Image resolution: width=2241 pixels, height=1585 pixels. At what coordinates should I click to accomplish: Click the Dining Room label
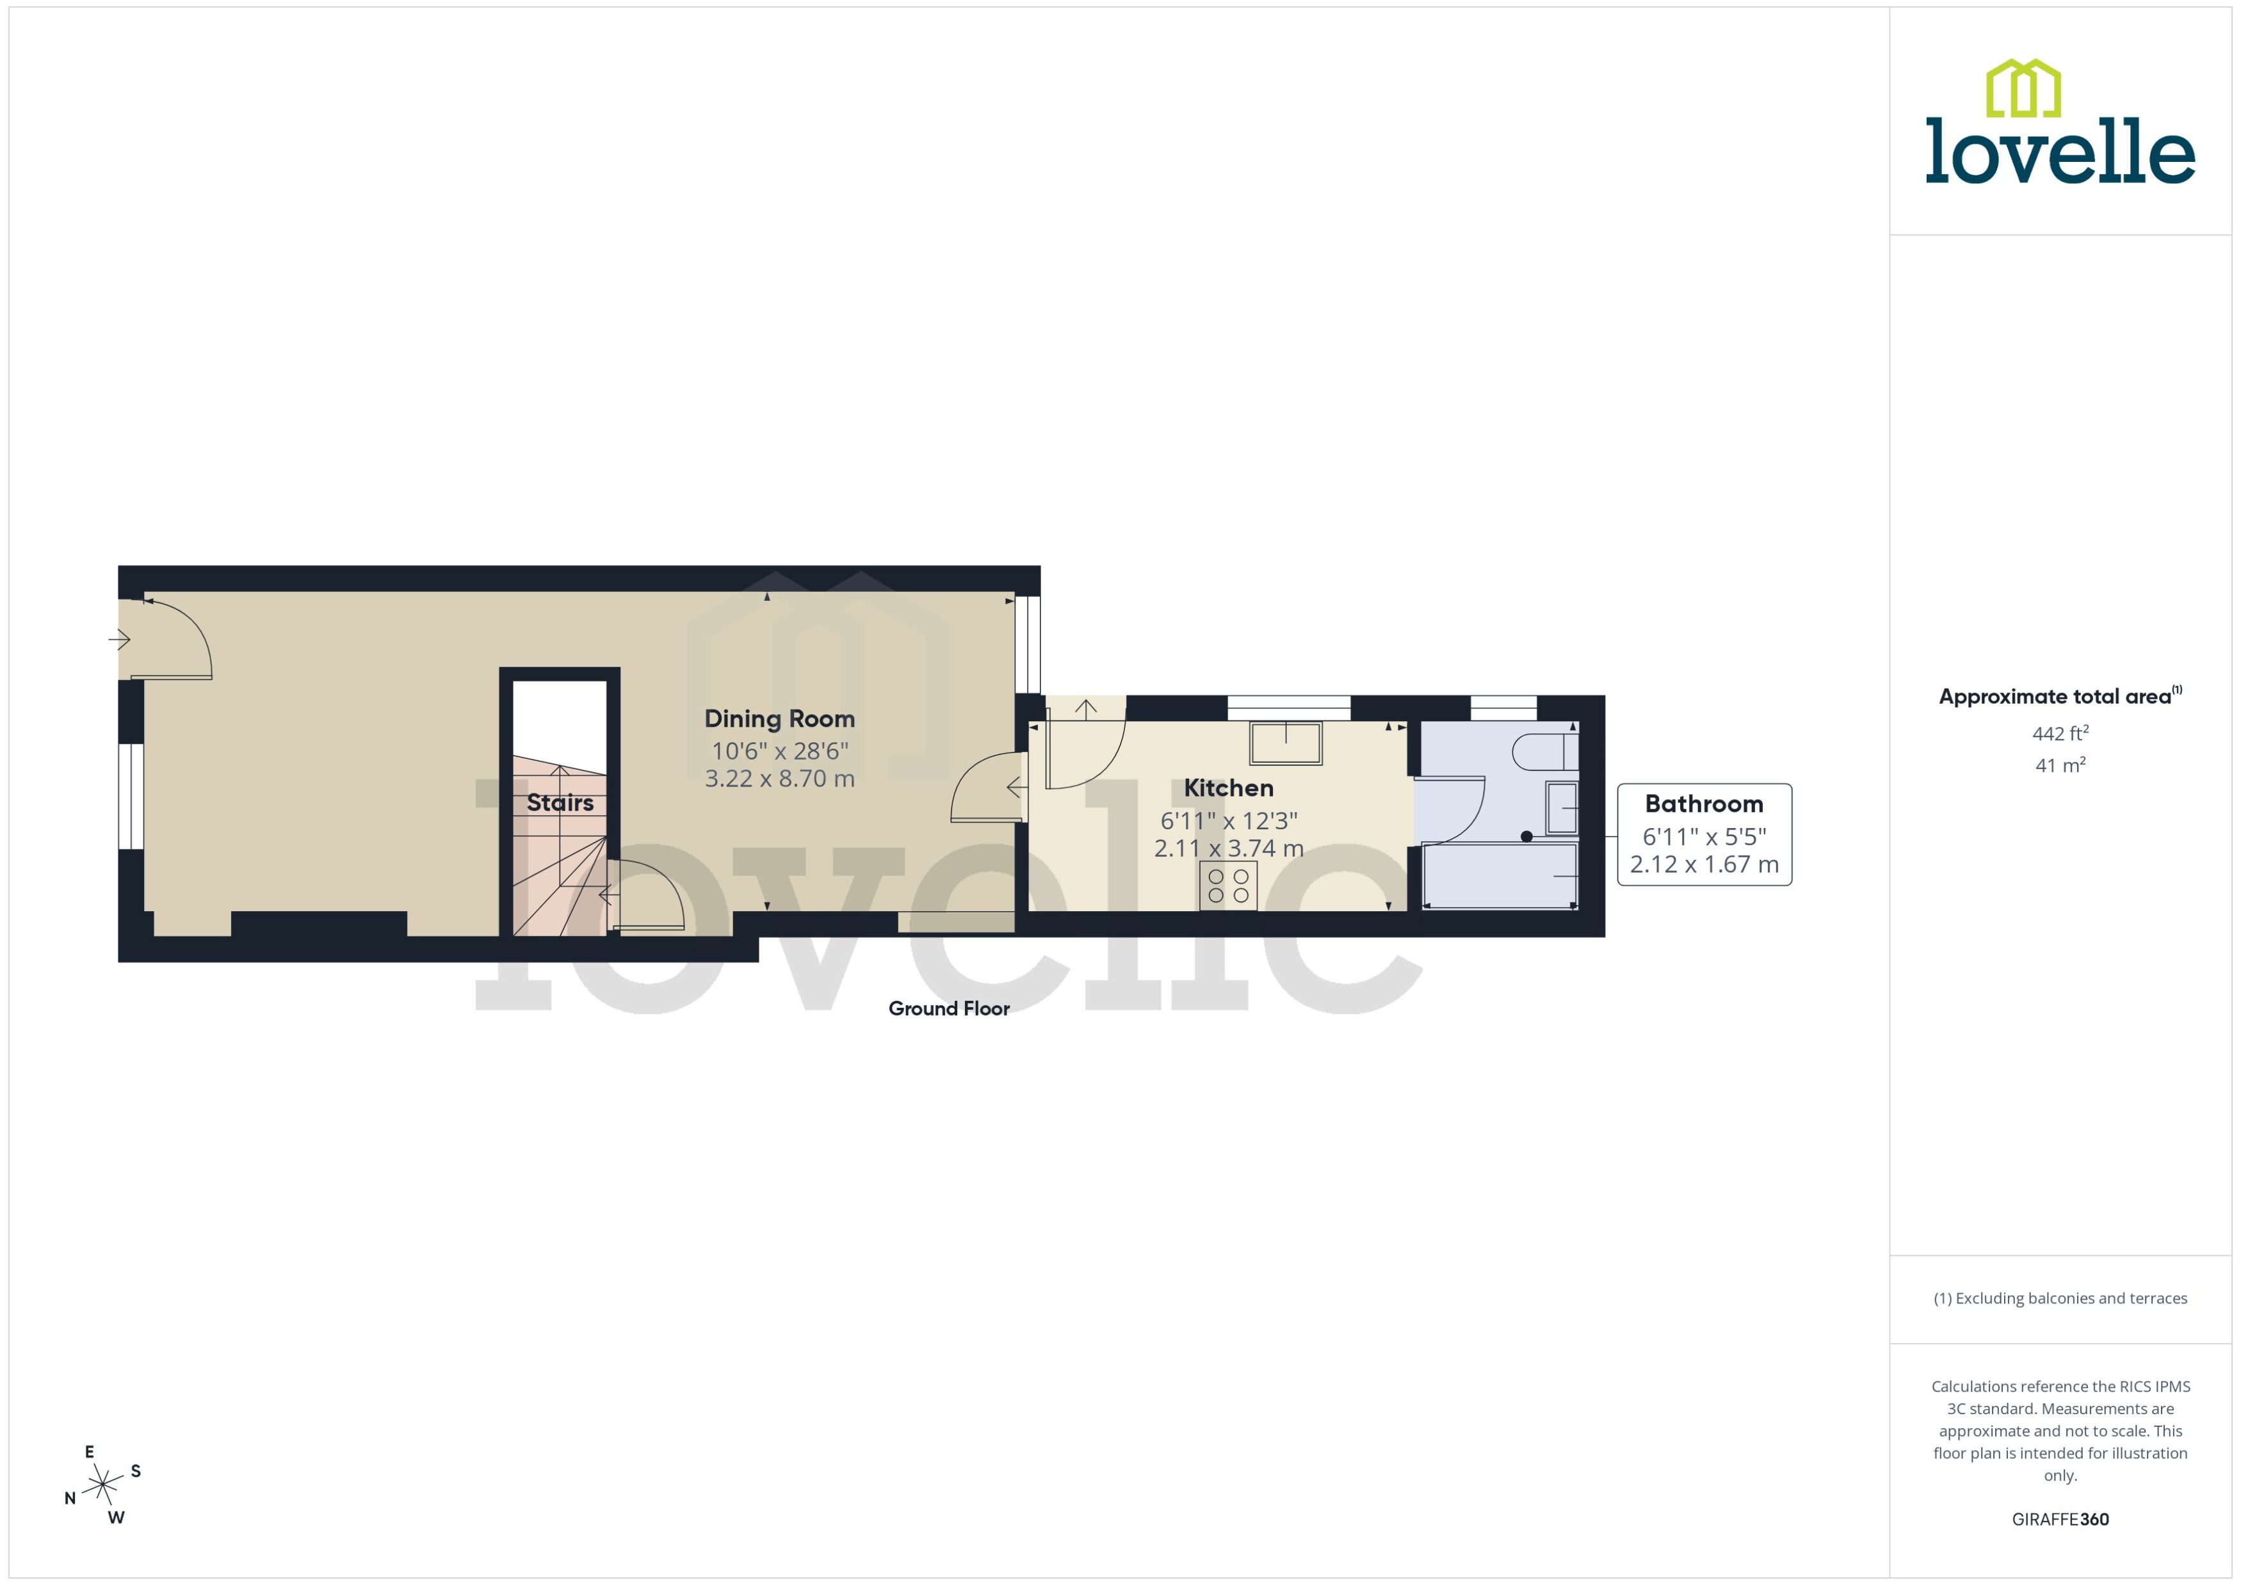click(779, 719)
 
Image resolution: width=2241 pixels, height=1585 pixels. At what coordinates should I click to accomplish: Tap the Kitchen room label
click(1229, 788)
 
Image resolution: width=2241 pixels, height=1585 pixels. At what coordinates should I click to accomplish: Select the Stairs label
click(560, 803)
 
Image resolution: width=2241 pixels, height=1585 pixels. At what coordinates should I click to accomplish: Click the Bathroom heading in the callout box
click(1704, 804)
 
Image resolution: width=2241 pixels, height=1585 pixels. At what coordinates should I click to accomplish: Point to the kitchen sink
click(1285, 744)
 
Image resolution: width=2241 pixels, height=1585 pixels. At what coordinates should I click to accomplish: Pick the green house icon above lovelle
click(2023, 88)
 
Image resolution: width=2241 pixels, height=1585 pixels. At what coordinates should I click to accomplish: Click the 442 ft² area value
click(2060, 733)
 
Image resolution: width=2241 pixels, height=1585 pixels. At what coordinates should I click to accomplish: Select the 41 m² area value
click(2060, 765)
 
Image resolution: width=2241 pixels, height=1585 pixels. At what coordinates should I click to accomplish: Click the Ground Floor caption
click(948, 1009)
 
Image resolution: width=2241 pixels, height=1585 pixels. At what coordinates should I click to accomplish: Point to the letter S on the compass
click(136, 1471)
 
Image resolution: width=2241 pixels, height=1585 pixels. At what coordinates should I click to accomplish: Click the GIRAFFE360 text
click(2060, 1520)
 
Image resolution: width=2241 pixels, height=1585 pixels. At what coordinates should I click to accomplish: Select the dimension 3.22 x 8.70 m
click(779, 779)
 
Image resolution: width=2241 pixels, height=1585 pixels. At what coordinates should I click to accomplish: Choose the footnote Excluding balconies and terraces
click(2060, 1298)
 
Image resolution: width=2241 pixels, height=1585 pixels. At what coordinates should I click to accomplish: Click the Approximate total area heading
click(2055, 697)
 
